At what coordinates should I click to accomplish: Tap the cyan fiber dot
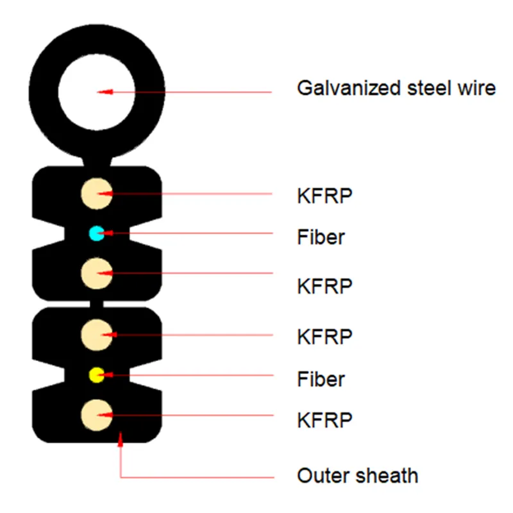pyautogui.click(x=96, y=233)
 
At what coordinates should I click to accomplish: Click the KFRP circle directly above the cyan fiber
pyautogui.click(x=97, y=194)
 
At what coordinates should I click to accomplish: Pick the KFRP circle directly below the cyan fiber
pyautogui.click(x=97, y=274)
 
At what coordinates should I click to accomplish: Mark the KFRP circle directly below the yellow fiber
pyautogui.click(x=97, y=414)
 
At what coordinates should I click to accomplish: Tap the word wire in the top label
pyautogui.click(x=477, y=88)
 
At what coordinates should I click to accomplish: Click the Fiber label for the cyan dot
pyautogui.click(x=321, y=237)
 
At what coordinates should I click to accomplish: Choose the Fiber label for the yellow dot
pyautogui.click(x=321, y=379)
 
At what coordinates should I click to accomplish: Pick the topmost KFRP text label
pyautogui.click(x=324, y=196)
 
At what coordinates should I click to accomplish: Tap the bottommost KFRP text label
pyautogui.click(x=324, y=421)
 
